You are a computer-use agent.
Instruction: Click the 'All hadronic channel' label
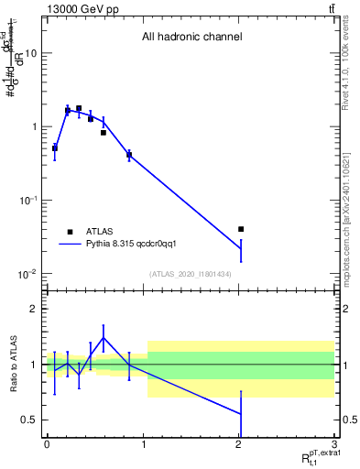coord(191,38)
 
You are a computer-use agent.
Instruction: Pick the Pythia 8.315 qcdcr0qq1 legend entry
coord(124,245)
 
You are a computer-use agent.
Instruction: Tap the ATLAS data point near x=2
coord(241,229)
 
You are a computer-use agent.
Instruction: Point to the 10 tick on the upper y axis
coord(30,53)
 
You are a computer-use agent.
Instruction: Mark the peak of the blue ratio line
coord(104,337)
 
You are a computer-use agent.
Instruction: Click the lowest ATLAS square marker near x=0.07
coord(55,147)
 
